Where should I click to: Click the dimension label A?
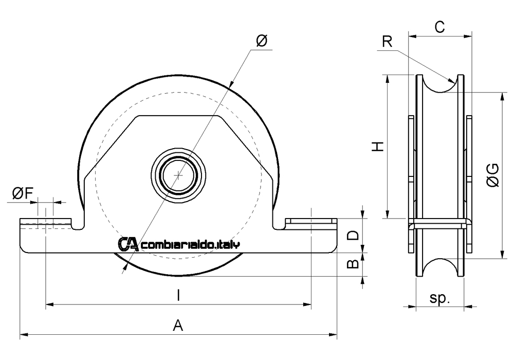(178, 325)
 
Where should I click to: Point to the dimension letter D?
(353, 236)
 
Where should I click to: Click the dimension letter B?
(353, 264)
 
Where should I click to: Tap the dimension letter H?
(378, 147)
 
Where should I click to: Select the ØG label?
(492, 174)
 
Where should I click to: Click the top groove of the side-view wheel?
(440, 85)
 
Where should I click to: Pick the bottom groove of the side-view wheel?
(440, 268)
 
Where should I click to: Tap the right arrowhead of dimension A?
(334, 336)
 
